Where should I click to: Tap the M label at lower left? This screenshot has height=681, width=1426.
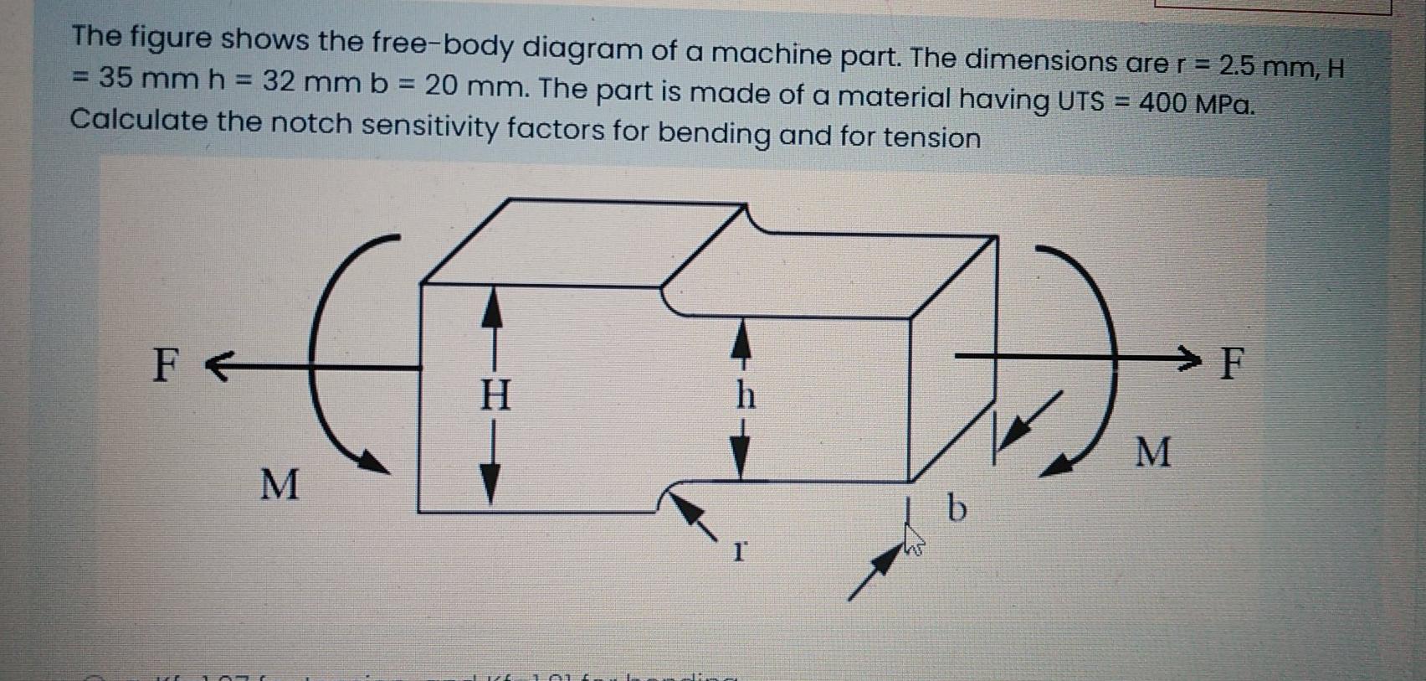coord(279,485)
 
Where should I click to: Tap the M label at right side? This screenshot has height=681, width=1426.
coord(1153,452)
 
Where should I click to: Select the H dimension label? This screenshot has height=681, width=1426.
coord(495,395)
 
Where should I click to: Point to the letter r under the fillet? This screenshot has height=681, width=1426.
coord(738,550)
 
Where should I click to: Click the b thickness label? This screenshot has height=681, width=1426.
coord(957,508)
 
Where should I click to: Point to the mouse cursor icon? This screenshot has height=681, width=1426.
coord(912,540)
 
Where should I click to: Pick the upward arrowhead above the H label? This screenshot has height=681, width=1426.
coord(493,308)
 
